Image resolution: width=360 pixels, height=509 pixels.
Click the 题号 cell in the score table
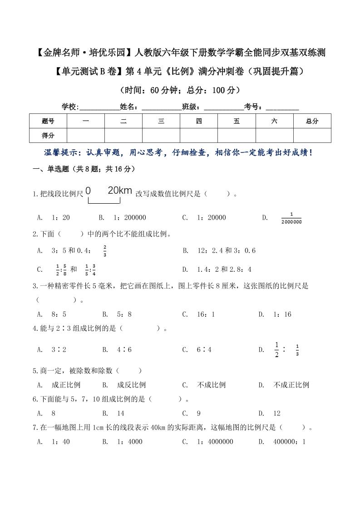(x=48, y=121)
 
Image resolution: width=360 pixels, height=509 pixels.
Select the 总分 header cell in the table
(x=312, y=121)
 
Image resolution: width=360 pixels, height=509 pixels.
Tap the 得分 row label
(x=48, y=135)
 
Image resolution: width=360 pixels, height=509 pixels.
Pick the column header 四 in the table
(x=199, y=121)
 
